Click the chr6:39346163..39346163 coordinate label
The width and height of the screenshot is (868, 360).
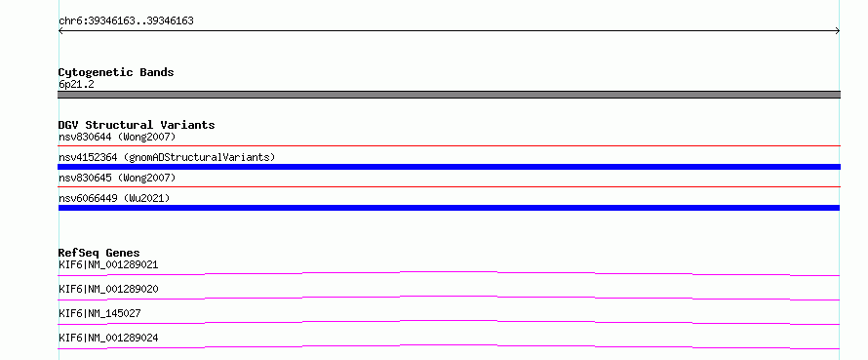126,21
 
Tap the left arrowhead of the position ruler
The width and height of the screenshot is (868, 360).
59,31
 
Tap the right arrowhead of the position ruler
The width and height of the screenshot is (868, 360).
838,31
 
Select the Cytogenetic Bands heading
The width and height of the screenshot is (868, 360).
116,72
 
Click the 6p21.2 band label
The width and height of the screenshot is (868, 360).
76,85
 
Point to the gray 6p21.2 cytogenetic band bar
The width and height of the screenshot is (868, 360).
449,95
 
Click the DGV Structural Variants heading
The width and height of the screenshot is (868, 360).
137,125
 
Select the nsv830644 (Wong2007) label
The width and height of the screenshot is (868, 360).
117,137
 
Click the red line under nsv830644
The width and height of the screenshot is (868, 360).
449,145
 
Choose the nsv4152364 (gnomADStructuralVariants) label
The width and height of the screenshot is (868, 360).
167,157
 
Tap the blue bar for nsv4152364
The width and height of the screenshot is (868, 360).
449,167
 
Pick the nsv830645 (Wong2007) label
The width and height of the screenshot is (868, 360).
117,178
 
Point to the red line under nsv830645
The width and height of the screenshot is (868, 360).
449,186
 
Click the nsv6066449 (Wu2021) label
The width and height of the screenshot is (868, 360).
114,198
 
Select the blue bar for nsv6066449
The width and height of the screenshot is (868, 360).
449,208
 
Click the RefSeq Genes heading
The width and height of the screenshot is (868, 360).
99,253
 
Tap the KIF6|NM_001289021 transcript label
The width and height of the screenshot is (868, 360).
108,264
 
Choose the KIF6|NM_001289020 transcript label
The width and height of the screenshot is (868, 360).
108,289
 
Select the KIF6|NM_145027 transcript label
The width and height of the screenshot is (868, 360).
99,313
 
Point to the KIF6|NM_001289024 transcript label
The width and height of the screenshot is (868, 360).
108,338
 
